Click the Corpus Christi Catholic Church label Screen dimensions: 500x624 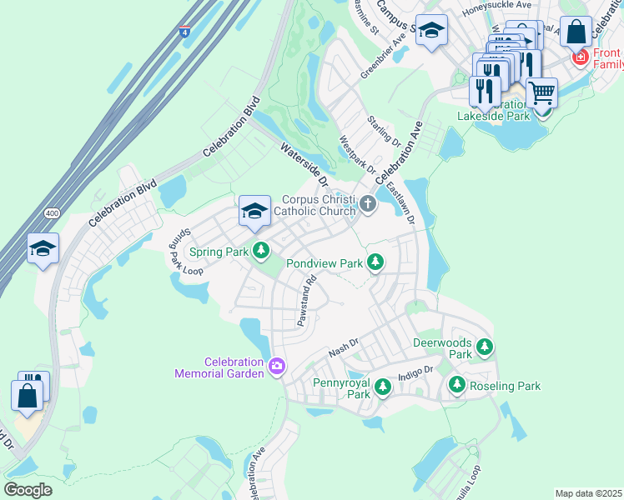pos(318,206)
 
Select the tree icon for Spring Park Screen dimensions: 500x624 pos(262,250)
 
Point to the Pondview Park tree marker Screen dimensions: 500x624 pos(375,262)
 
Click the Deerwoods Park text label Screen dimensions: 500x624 pos(442,348)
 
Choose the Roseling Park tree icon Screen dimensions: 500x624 pos(456,385)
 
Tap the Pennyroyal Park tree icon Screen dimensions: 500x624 pos(383,386)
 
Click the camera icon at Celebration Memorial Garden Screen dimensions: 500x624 pos(277,365)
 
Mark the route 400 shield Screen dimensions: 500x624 pos(52,213)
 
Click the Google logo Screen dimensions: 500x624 pos(28,489)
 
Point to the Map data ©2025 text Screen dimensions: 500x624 pos(587,493)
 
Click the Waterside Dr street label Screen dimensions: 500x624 pos(305,166)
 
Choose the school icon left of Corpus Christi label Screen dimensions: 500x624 pos(254,209)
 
